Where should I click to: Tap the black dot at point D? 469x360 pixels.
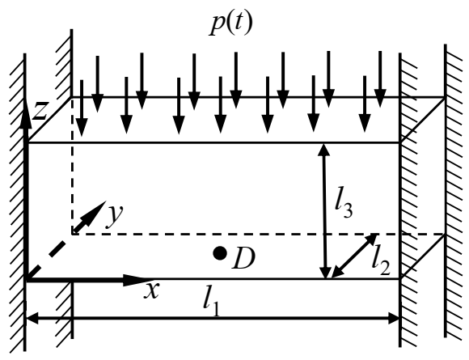pyautogui.click(x=219, y=253)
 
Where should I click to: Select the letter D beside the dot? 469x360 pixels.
pyautogui.click(x=243, y=259)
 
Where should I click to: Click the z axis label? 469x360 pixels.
pyautogui.click(x=39, y=112)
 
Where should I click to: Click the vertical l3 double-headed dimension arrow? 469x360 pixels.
pyautogui.click(x=324, y=210)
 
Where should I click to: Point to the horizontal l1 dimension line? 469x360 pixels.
pyautogui.click(x=212, y=320)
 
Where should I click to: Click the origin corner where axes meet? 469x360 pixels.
pyautogui.click(x=27, y=280)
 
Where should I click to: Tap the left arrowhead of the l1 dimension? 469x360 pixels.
pyautogui.click(x=33, y=320)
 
